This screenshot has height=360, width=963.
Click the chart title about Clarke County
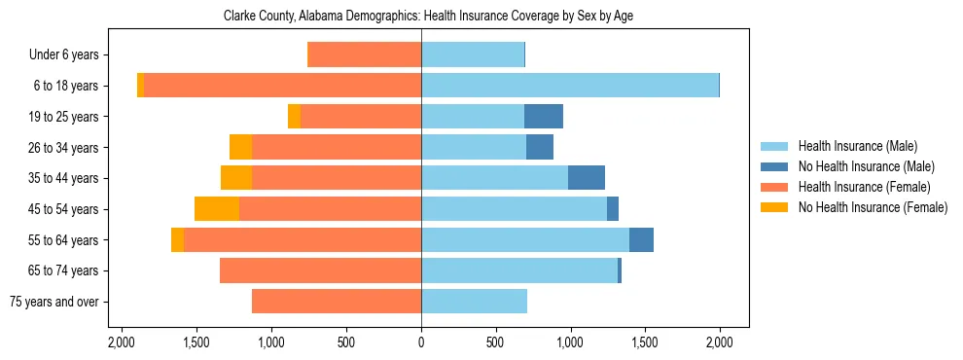click(428, 17)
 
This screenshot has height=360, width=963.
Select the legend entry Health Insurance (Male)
click(857, 146)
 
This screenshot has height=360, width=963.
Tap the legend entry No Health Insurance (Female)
click(872, 207)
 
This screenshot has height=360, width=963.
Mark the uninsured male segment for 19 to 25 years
click(544, 117)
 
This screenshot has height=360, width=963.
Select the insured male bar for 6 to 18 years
click(570, 86)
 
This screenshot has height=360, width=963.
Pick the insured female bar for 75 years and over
click(337, 302)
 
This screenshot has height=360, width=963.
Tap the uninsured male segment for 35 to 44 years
click(587, 178)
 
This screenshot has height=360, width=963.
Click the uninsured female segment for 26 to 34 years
click(241, 147)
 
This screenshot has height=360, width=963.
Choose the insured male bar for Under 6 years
click(473, 54)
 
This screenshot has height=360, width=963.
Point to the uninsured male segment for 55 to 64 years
click(642, 239)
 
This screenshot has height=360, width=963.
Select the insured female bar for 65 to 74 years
click(321, 270)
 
